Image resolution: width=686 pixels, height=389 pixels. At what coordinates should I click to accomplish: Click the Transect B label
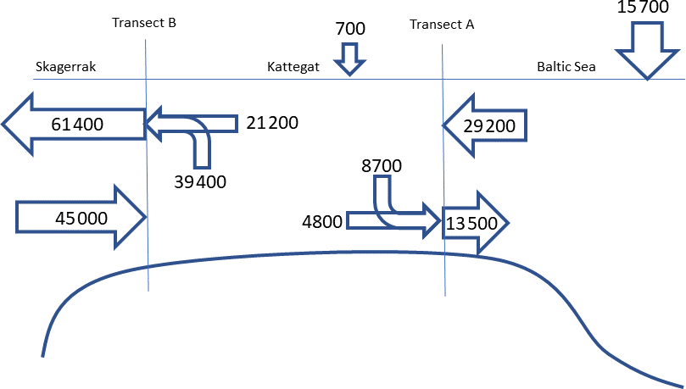click(144, 23)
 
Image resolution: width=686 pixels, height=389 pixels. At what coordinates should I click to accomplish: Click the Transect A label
click(442, 25)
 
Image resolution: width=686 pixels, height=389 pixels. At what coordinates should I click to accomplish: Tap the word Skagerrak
click(65, 67)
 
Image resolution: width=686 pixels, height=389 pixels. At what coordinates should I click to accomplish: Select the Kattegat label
click(293, 67)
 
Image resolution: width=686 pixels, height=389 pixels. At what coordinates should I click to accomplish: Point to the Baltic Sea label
click(566, 67)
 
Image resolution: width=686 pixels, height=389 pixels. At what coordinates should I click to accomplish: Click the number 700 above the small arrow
click(350, 29)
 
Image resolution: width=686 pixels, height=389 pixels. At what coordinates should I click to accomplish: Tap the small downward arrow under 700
click(350, 59)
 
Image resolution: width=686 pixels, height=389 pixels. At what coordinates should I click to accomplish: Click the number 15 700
click(643, 7)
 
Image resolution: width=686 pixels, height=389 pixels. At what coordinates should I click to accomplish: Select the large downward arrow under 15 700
click(648, 51)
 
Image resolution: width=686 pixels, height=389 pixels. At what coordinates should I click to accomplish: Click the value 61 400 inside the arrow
click(77, 125)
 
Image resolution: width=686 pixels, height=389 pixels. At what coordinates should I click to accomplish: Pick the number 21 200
click(272, 123)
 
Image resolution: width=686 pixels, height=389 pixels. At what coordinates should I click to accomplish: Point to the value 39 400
click(200, 182)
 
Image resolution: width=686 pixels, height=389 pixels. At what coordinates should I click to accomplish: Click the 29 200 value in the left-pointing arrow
click(489, 126)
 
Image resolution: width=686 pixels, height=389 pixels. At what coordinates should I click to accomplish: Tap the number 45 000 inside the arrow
click(81, 218)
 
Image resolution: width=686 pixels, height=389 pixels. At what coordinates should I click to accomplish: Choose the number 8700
click(382, 166)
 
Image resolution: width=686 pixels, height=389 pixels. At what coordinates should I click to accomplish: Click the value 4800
click(322, 222)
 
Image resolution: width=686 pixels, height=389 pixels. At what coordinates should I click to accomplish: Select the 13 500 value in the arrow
click(471, 224)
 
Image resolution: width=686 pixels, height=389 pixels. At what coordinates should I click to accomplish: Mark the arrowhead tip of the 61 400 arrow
click(3, 124)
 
